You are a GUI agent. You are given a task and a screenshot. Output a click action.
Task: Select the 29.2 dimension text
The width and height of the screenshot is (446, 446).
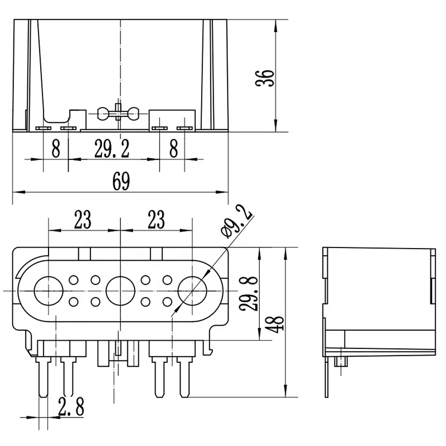point(111,149)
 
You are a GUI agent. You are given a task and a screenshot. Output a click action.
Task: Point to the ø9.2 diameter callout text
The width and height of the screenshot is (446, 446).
point(236,221)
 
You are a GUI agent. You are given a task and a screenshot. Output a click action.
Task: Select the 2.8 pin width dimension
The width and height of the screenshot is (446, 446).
point(71,407)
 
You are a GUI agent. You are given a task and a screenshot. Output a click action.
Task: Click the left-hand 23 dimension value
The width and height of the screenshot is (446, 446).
point(83,220)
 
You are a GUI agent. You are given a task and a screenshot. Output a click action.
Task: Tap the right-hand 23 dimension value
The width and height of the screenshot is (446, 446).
point(156,220)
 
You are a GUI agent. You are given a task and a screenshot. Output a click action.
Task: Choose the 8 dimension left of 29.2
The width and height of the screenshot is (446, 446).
point(56,149)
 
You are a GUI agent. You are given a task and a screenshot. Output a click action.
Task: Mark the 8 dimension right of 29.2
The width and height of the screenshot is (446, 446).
point(173,149)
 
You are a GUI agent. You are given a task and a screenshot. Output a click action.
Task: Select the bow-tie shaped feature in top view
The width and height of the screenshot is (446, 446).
point(117,114)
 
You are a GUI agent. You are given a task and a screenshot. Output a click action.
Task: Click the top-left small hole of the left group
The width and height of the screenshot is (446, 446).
point(73,280)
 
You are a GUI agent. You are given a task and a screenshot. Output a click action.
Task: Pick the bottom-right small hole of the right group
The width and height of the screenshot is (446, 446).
point(167,302)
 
